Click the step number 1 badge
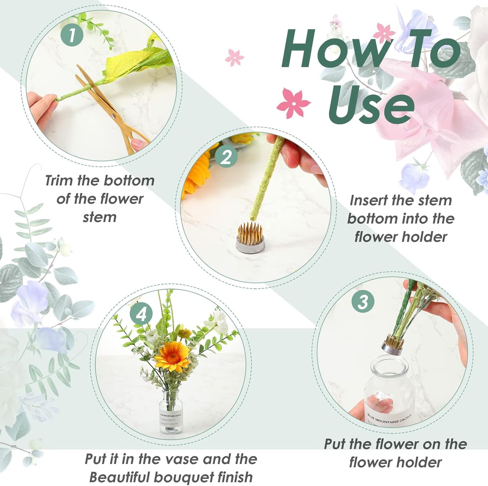pos(72,35)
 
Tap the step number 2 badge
pos(226,157)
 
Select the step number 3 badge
pos(363,301)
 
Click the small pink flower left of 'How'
pos(234,57)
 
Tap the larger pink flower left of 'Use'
pos(293,103)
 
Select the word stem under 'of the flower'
pos(100,217)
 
